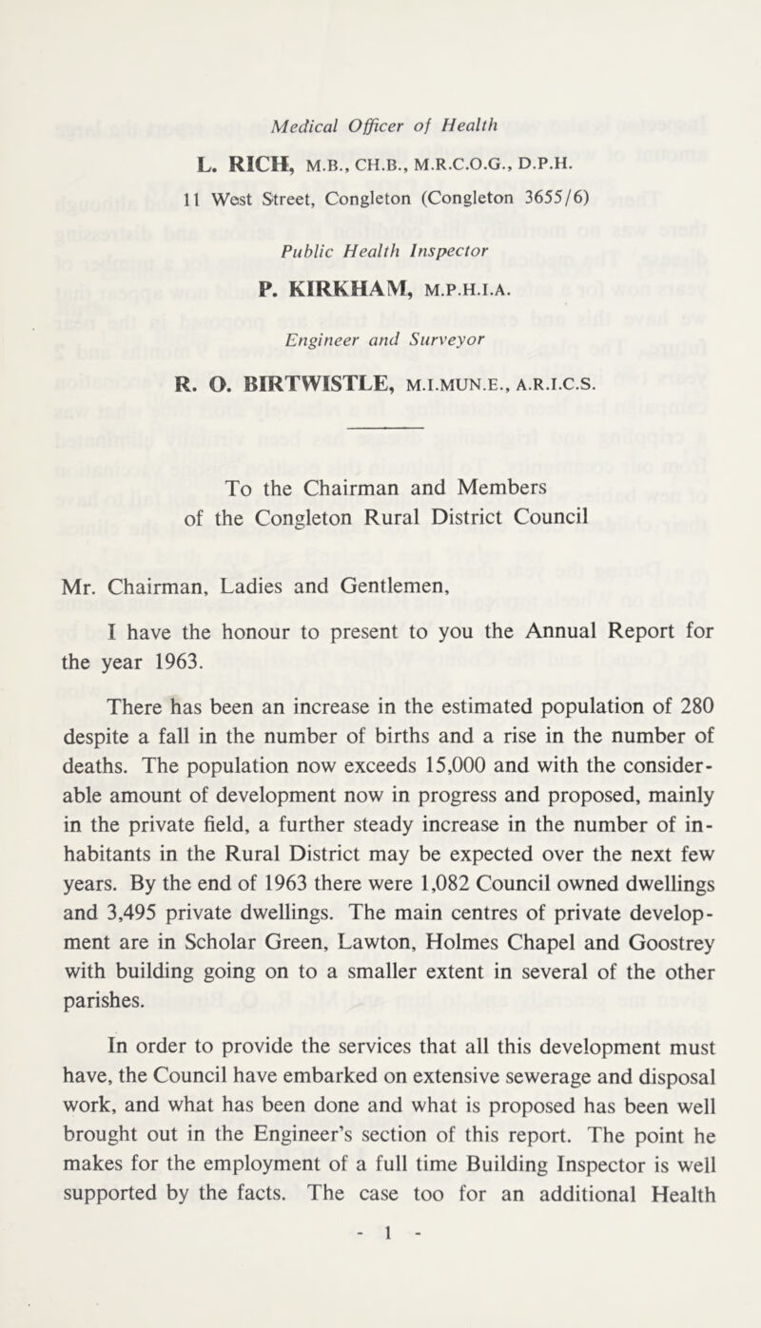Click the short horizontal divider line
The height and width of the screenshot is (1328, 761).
point(380,428)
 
